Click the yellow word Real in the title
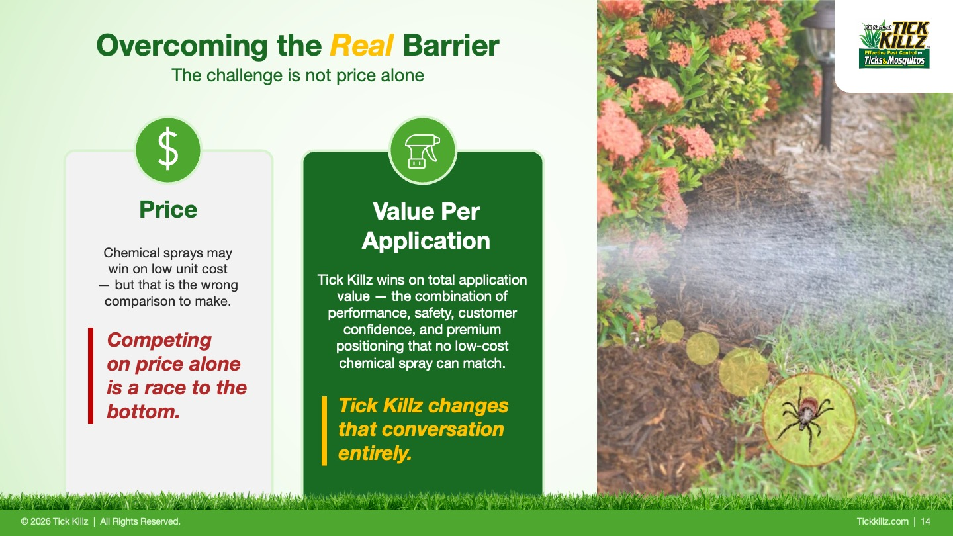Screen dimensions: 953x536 (361, 45)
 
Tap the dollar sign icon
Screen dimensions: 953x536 (168, 150)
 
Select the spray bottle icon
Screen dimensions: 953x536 (422, 151)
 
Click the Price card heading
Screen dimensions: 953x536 (169, 209)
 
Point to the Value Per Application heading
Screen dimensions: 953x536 (426, 226)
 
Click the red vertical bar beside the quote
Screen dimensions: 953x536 (90, 376)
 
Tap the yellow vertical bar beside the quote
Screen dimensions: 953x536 (324, 431)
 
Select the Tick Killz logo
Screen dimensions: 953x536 (894, 45)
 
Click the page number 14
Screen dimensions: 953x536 (925, 521)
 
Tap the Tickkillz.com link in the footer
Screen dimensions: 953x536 (882, 521)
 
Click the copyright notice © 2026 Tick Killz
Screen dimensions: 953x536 (54, 521)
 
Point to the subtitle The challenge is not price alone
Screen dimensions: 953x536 (298, 75)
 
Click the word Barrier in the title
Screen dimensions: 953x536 (451, 45)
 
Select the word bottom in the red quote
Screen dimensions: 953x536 (144, 412)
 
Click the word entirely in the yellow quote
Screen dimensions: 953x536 (375, 453)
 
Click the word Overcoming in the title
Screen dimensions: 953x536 (181, 46)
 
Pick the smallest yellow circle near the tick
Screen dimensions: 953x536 (672, 332)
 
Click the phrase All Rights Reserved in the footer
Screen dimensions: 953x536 (140, 521)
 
